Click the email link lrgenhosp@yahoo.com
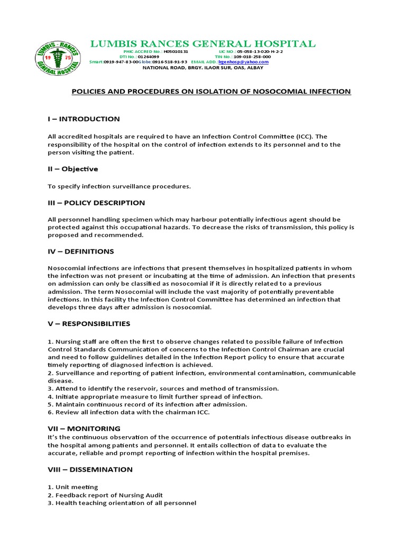[x=247, y=62]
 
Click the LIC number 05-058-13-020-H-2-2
[x=260, y=51]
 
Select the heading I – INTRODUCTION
[x=84, y=119]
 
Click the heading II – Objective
[x=73, y=169]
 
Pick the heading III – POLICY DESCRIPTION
[x=96, y=203]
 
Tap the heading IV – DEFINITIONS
[x=80, y=251]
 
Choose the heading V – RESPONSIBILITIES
[x=89, y=323]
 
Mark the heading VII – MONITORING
[x=84, y=428]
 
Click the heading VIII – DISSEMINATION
[x=90, y=469]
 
